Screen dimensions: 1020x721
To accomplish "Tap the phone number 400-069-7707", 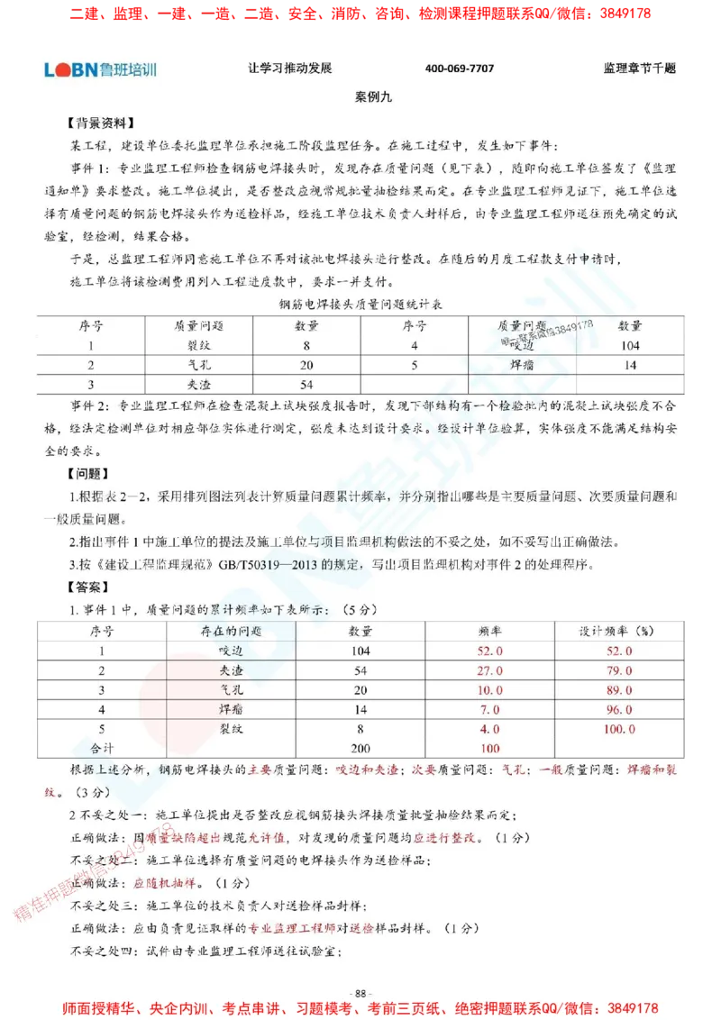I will click(460, 69).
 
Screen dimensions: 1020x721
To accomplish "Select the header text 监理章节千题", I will click(640, 69).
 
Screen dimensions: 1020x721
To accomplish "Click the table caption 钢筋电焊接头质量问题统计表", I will click(360, 305).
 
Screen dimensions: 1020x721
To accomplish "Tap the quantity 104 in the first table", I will click(630, 345).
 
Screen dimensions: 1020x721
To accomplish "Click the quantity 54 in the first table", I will click(306, 385).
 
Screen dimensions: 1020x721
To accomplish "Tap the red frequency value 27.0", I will click(489, 671).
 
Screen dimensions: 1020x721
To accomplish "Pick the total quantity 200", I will click(360, 748).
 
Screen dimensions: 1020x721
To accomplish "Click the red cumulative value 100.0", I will click(616, 729).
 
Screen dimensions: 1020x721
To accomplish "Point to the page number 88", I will click(360, 993).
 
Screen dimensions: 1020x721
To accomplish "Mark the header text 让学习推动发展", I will click(290, 69).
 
